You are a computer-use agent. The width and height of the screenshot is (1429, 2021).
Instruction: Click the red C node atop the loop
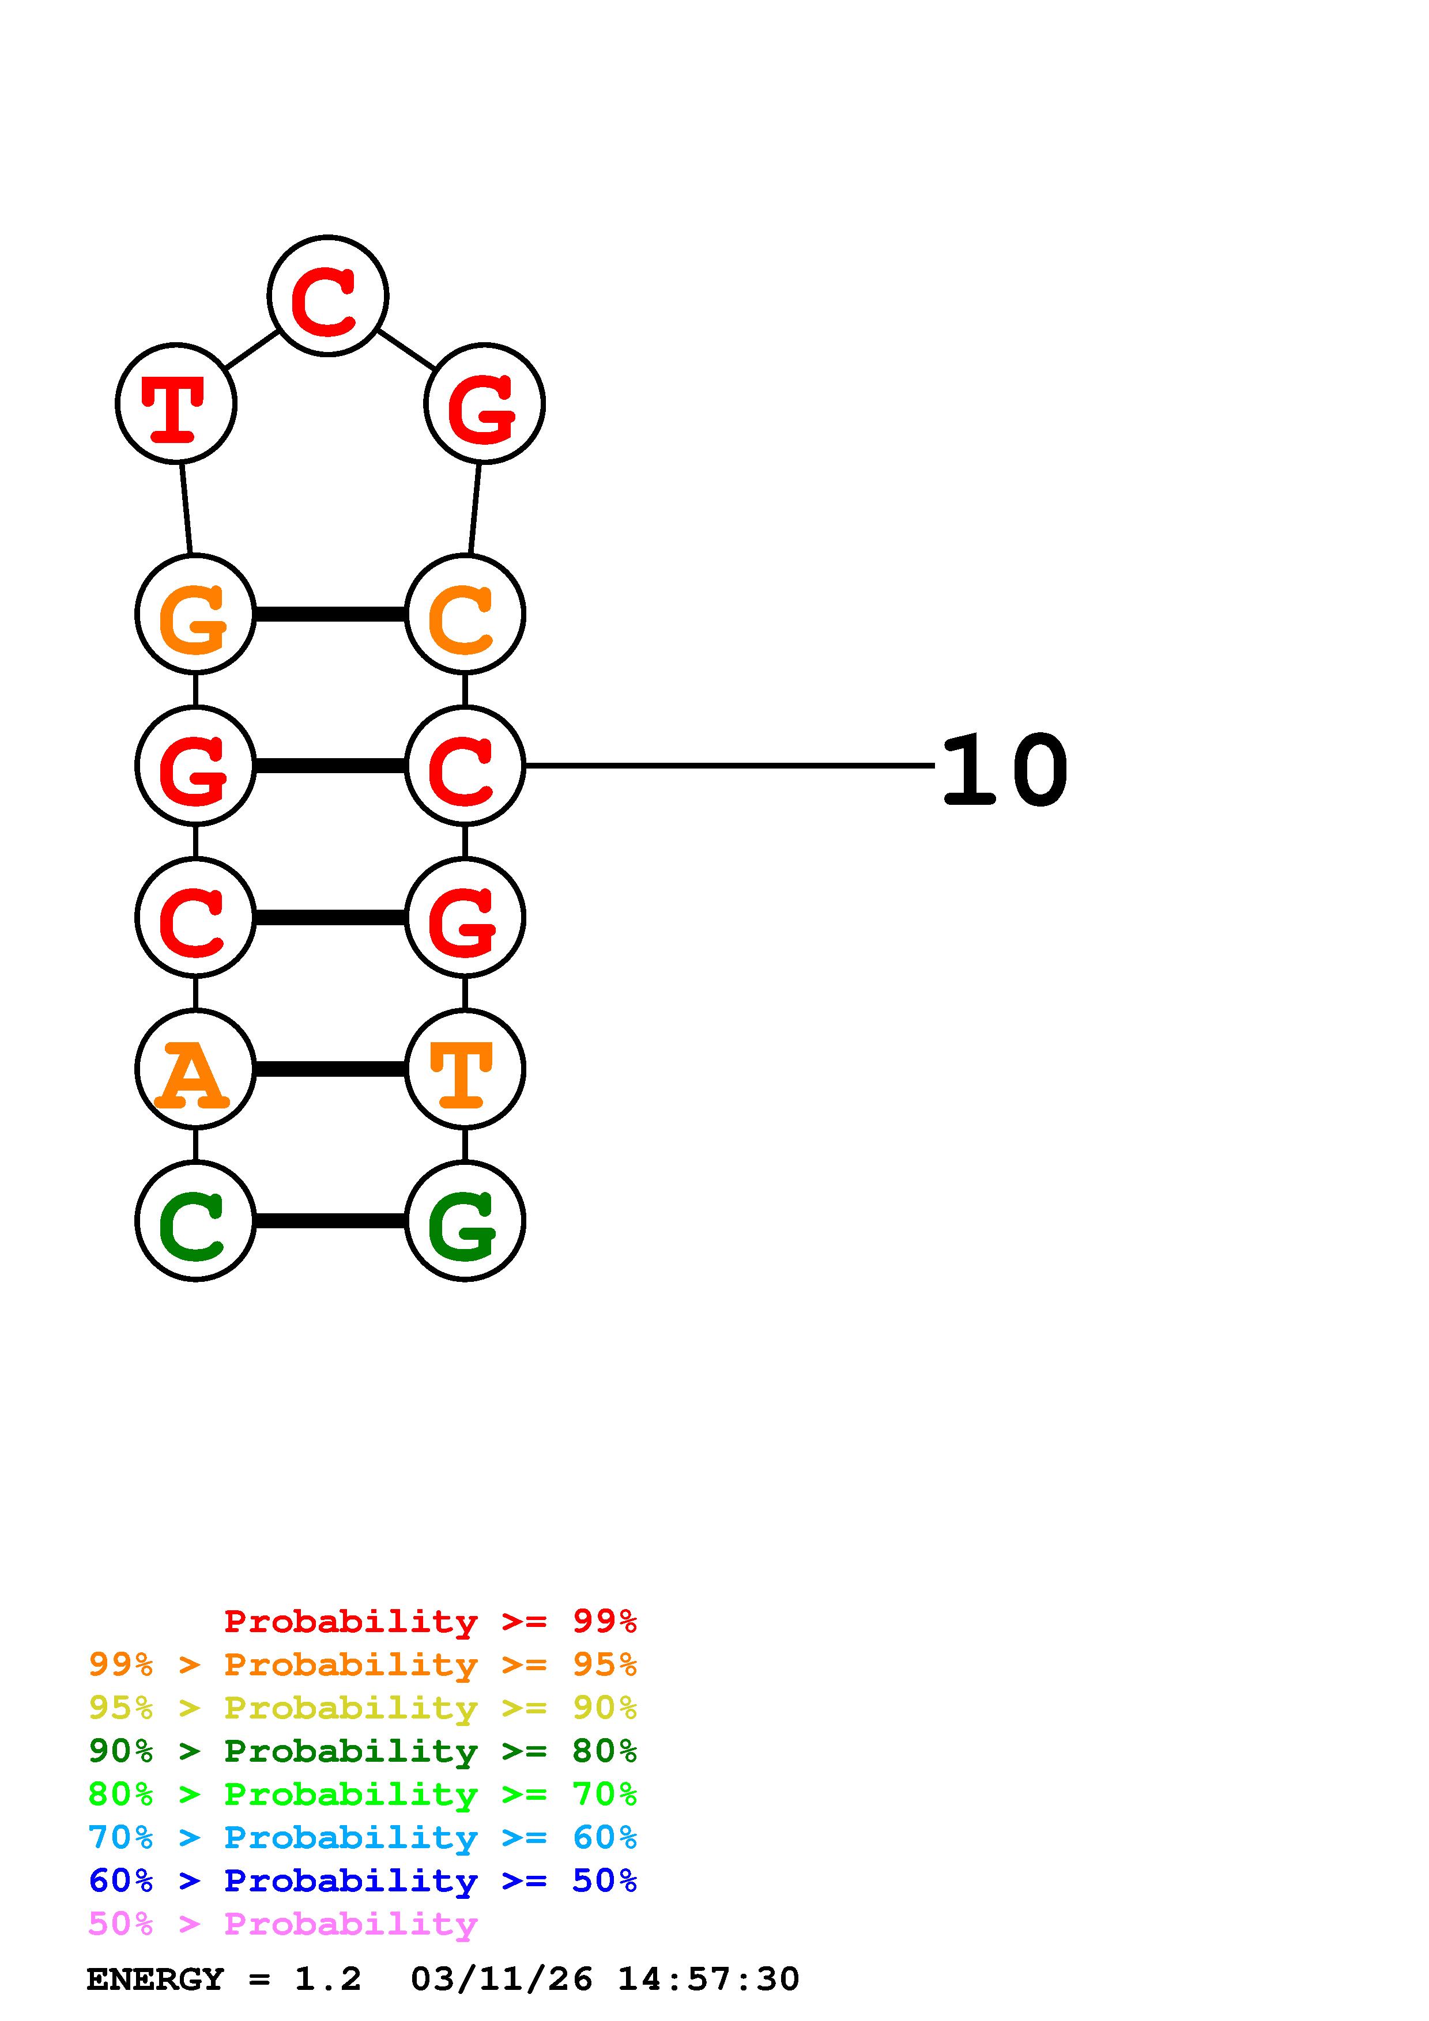(x=327, y=296)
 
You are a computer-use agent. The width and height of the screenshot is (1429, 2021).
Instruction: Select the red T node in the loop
(x=176, y=403)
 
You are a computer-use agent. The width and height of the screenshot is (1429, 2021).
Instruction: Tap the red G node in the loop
(x=484, y=403)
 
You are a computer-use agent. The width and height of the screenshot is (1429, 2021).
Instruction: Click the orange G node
(x=195, y=614)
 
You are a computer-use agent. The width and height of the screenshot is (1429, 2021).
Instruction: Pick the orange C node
(x=465, y=614)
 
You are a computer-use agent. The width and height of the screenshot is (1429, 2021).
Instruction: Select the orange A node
(x=195, y=1069)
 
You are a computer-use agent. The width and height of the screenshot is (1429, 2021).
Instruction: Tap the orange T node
(x=465, y=1069)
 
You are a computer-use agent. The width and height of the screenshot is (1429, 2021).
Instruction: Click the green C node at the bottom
(x=195, y=1221)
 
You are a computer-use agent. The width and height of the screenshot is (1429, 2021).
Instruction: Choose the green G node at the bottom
(x=465, y=1221)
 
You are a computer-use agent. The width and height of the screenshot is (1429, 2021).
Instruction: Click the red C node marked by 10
(x=465, y=765)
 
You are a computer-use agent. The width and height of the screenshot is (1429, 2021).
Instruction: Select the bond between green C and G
(x=330, y=1221)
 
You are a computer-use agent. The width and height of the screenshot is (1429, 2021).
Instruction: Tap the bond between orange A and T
(x=330, y=1069)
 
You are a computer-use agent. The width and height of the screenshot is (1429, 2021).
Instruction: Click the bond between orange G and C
(x=330, y=614)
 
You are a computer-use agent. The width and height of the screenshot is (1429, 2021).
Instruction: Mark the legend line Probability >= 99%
(x=429, y=1621)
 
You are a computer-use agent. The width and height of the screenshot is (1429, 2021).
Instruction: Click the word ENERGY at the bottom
(x=155, y=1979)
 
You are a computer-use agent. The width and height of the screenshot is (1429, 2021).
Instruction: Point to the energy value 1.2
(x=327, y=1979)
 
